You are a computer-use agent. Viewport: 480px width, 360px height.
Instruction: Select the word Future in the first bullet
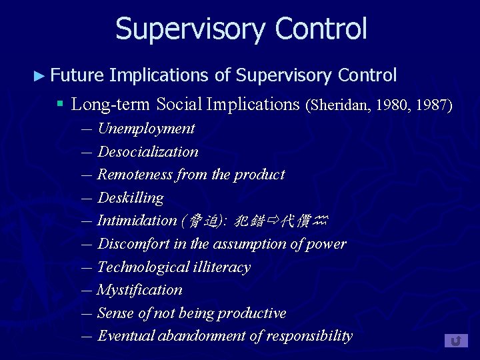77,75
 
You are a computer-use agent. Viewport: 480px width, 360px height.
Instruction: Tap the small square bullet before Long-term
59,105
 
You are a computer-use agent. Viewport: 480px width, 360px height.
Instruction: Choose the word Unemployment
146,129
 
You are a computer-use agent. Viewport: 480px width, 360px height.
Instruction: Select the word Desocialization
147,152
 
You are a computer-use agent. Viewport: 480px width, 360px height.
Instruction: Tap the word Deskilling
130,198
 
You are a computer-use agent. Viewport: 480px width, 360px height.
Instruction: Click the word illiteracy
220,267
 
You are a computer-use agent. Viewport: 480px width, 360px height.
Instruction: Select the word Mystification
139,290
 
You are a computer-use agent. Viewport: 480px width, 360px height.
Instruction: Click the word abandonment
202,336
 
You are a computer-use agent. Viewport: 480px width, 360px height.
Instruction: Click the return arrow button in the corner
456,341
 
